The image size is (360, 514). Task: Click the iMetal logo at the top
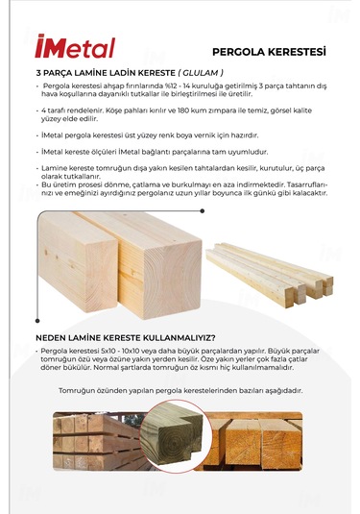74,47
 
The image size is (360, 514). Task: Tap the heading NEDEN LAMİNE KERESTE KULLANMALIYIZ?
125,337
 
